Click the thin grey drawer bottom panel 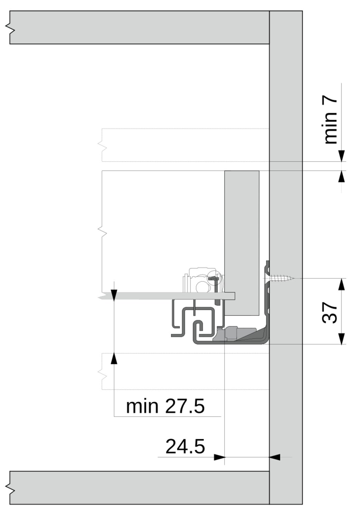[167, 296]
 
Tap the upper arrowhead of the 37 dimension [341, 284]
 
